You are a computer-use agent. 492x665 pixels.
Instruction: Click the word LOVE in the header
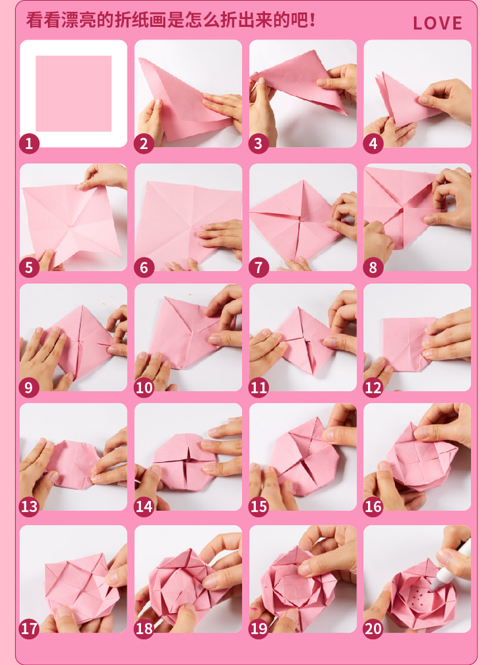pos(437,23)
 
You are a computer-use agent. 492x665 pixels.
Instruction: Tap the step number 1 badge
pos(29,144)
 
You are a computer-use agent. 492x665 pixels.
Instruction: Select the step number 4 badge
pos(373,144)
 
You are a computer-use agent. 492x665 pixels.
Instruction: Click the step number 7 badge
pos(259,267)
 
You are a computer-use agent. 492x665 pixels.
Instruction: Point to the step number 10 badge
pos(144,387)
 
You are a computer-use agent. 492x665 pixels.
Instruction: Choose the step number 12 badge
pos(373,387)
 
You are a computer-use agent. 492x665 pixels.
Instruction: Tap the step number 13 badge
pos(29,507)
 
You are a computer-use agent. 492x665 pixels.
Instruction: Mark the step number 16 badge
pos(373,507)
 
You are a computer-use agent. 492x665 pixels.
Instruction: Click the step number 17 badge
pos(29,629)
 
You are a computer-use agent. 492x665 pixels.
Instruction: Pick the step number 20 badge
pos(373,629)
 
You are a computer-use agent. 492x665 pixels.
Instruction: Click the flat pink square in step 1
pos(73,93)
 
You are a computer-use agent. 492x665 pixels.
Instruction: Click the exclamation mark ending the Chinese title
pos(312,20)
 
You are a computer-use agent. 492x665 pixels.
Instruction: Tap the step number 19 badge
pos(259,629)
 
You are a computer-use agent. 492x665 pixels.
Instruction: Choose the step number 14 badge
pos(144,507)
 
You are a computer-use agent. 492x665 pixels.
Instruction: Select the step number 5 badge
pos(29,267)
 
